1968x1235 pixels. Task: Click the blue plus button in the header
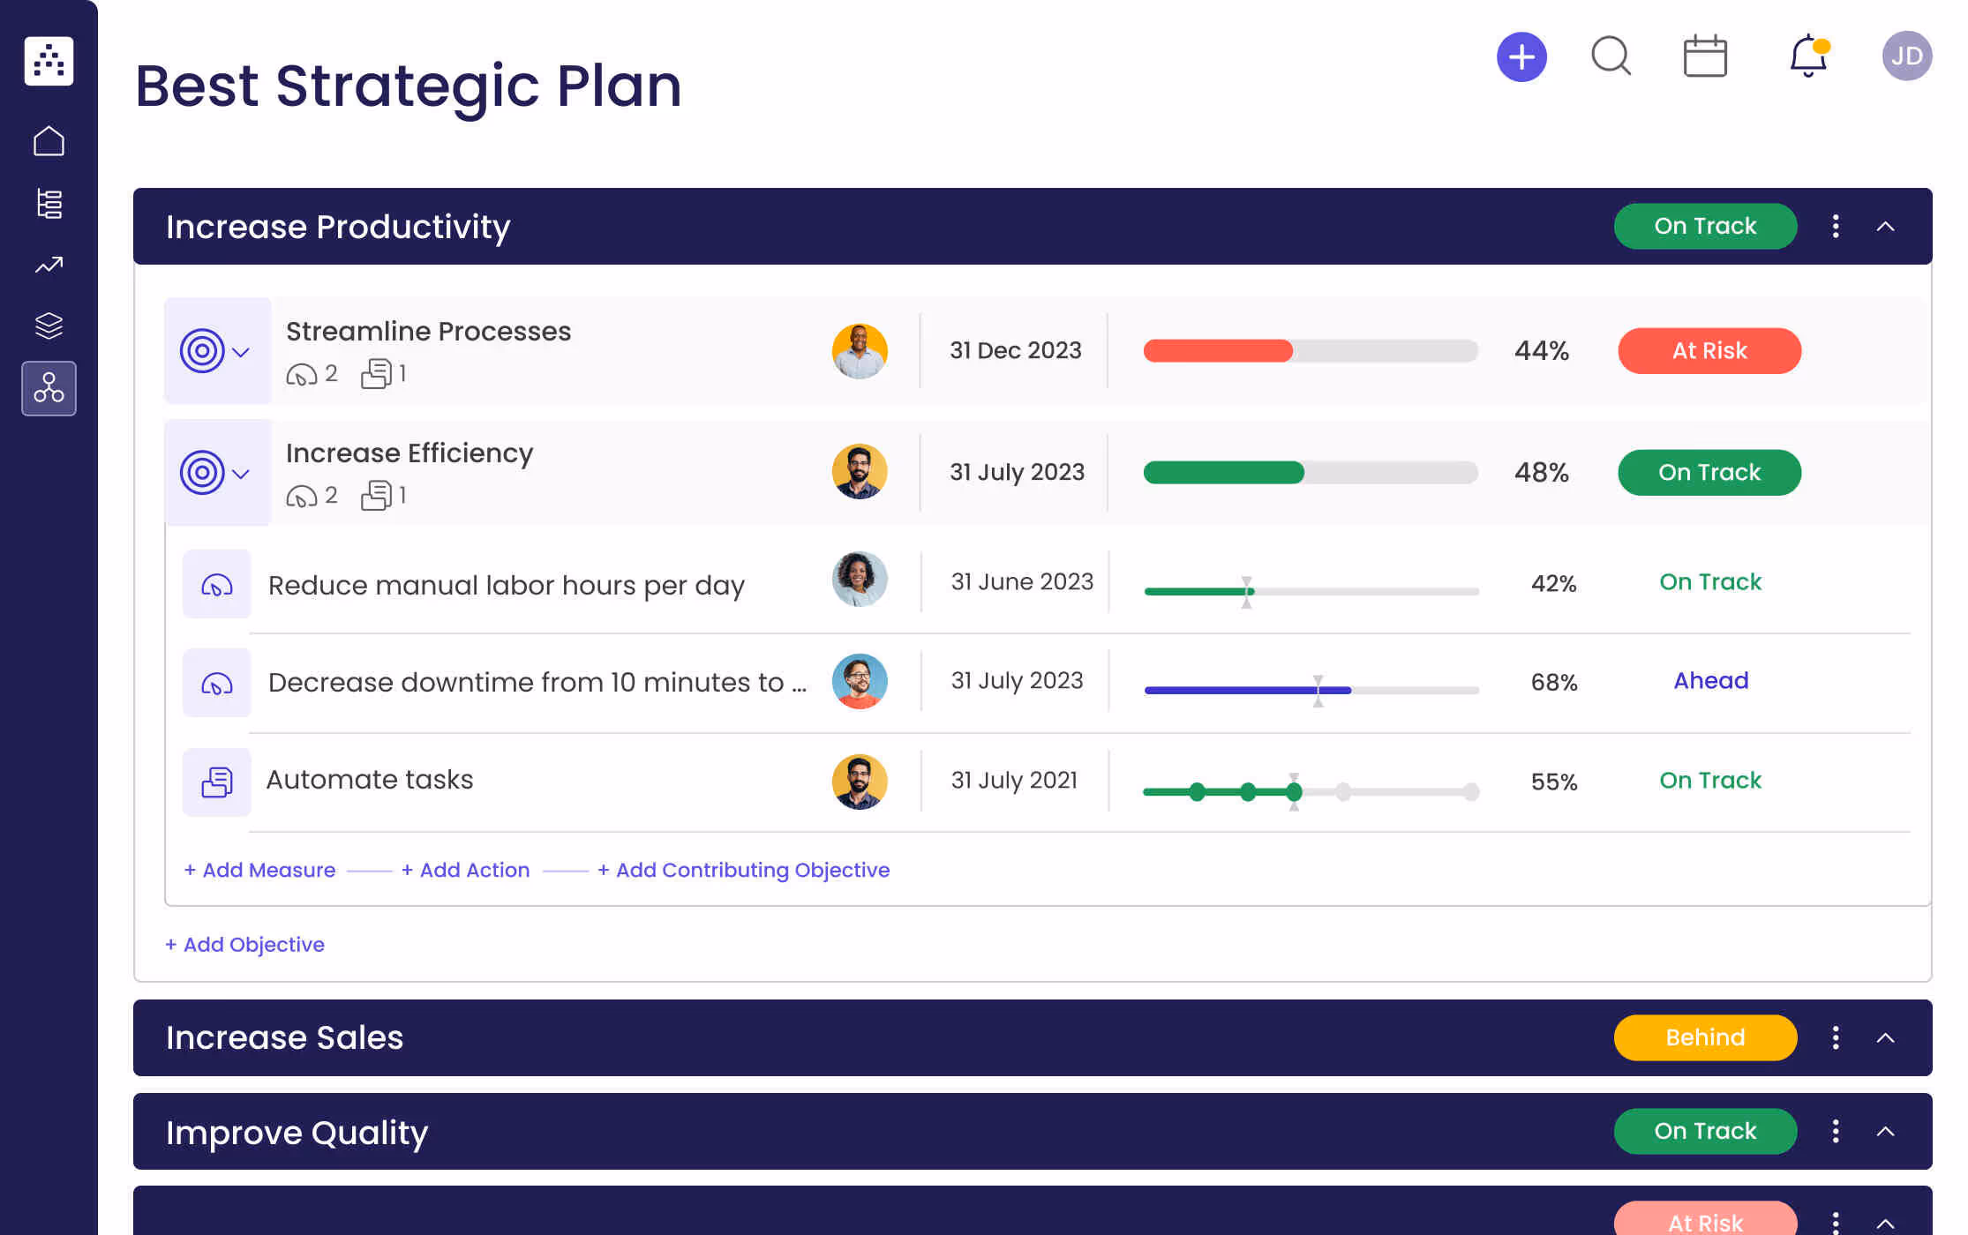(x=1521, y=57)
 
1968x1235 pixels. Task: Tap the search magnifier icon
(x=1611, y=56)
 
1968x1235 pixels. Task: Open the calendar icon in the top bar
(x=1705, y=56)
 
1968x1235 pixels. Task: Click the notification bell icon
(x=1807, y=56)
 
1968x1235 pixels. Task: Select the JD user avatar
(x=1906, y=56)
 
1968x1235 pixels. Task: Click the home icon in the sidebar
(x=49, y=141)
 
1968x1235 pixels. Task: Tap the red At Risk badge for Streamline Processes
(x=1709, y=351)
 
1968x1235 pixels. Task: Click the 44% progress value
(x=1541, y=351)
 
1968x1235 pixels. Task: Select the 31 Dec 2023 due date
(x=1015, y=351)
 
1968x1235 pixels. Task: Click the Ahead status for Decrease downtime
(x=1710, y=681)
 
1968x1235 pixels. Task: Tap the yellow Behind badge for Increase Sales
(x=1704, y=1037)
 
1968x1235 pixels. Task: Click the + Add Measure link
(x=259, y=870)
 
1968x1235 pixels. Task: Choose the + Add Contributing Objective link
(x=743, y=870)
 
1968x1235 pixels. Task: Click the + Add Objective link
(x=244, y=945)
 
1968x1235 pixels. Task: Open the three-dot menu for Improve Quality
(x=1836, y=1132)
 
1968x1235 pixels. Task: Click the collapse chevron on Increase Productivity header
(x=1885, y=227)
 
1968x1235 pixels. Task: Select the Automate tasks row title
(x=370, y=780)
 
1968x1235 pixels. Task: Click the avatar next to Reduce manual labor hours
(x=859, y=580)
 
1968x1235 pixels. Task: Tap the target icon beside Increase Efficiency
(x=202, y=473)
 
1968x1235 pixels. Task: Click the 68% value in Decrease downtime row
(x=1553, y=683)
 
